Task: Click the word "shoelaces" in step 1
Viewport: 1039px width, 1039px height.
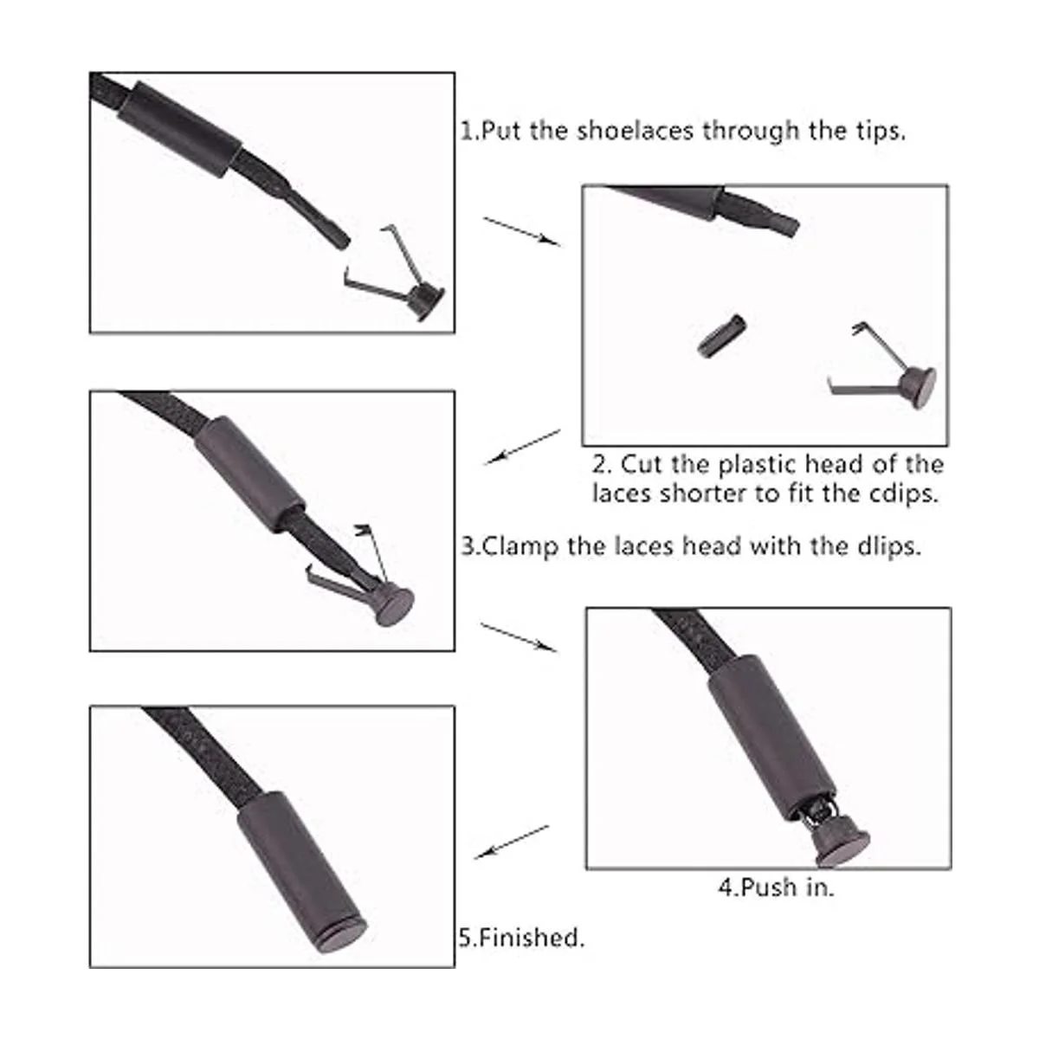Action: coord(635,131)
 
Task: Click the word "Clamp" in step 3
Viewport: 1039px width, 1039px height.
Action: coord(519,547)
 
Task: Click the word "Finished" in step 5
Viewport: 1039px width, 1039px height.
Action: coord(531,937)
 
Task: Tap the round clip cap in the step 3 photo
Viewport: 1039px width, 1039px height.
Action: coord(394,607)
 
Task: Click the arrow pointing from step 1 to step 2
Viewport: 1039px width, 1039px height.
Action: coord(522,231)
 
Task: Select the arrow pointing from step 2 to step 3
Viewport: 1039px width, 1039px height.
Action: coord(523,447)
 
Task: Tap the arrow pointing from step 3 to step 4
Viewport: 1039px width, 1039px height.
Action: coord(519,636)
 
